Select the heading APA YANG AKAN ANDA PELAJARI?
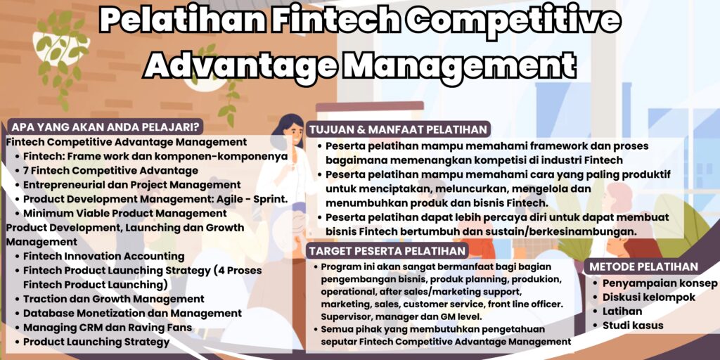click(x=105, y=127)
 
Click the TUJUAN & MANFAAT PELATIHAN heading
click(x=399, y=129)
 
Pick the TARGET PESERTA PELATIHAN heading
click(x=387, y=251)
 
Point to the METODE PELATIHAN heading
click(x=643, y=266)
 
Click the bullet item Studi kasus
click(x=633, y=325)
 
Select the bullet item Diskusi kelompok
click(x=649, y=297)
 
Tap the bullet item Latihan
click(x=622, y=311)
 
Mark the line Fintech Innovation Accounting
click(x=104, y=256)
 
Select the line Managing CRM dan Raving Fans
click(x=108, y=327)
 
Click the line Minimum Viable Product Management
click(x=115, y=213)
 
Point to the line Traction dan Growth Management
click(x=114, y=299)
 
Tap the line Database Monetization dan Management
click(x=132, y=313)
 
